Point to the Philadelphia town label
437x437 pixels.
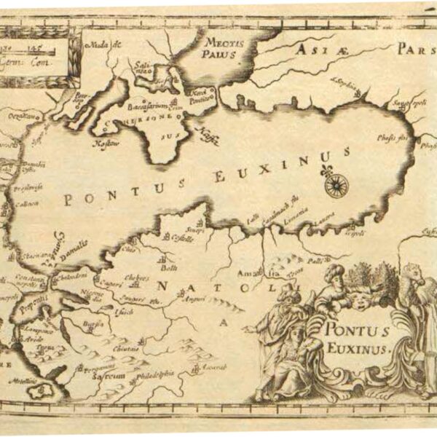[x=153, y=374]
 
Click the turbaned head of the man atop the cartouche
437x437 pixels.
[x=333, y=273]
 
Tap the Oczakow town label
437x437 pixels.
[x=21, y=116]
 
